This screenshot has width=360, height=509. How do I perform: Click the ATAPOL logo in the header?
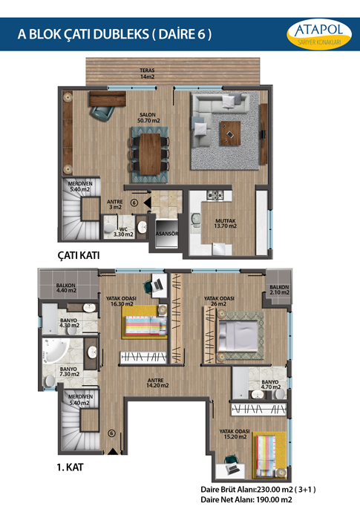[x=319, y=34]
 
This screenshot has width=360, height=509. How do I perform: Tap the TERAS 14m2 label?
[x=147, y=73]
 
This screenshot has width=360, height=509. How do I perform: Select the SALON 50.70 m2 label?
[x=148, y=117]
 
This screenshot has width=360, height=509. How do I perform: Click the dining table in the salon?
[x=150, y=154]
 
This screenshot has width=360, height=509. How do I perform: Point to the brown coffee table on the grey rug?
[x=231, y=133]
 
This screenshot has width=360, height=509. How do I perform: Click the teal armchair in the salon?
[x=102, y=114]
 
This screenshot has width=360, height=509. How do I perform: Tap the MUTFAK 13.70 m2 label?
[x=226, y=223]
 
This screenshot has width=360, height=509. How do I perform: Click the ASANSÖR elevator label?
[x=167, y=234]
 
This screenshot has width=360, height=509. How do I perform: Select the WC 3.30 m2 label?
[x=123, y=231]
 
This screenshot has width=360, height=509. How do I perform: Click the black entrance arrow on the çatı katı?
[x=148, y=203]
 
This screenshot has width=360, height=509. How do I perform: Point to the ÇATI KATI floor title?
[x=79, y=255]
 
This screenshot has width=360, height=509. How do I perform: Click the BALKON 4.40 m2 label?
[x=66, y=288]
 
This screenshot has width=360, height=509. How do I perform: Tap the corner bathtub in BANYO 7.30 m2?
[x=55, y=351]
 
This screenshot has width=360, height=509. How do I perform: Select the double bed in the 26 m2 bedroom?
[x=238, y=336]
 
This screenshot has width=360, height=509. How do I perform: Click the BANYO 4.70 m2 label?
[x=271, y=384]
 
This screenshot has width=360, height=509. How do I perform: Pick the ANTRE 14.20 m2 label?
[x=157, y=383]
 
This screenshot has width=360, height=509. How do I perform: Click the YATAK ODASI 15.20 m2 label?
[x=235, y=434]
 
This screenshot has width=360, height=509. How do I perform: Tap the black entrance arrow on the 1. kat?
[x=112, y=451]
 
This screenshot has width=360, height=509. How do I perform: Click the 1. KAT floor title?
[x=70, y=467]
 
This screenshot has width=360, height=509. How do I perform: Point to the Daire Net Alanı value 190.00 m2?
[x=275, y=500]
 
